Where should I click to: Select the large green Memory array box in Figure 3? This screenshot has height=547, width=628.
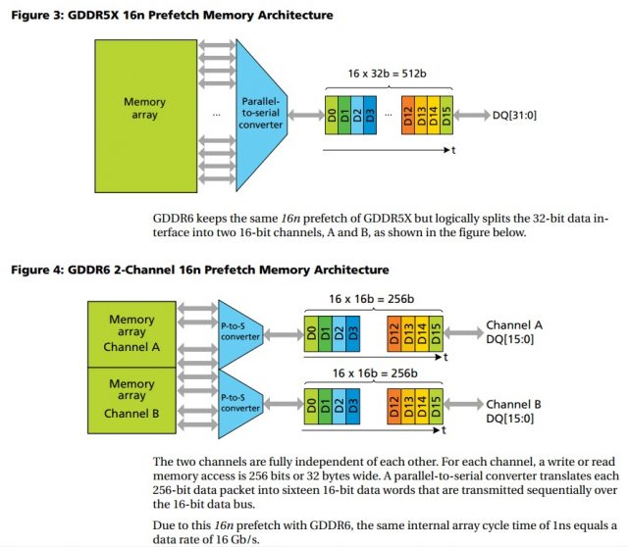pyautogui.click(x=144, y=108)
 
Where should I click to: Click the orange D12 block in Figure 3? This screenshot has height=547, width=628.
pyautogui.click(x=408, y=117)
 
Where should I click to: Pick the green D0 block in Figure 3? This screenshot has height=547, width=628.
pyautogui.click(x=334, y=117)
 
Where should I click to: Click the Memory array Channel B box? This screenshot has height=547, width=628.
pyautogui.click(x=131, y=397)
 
